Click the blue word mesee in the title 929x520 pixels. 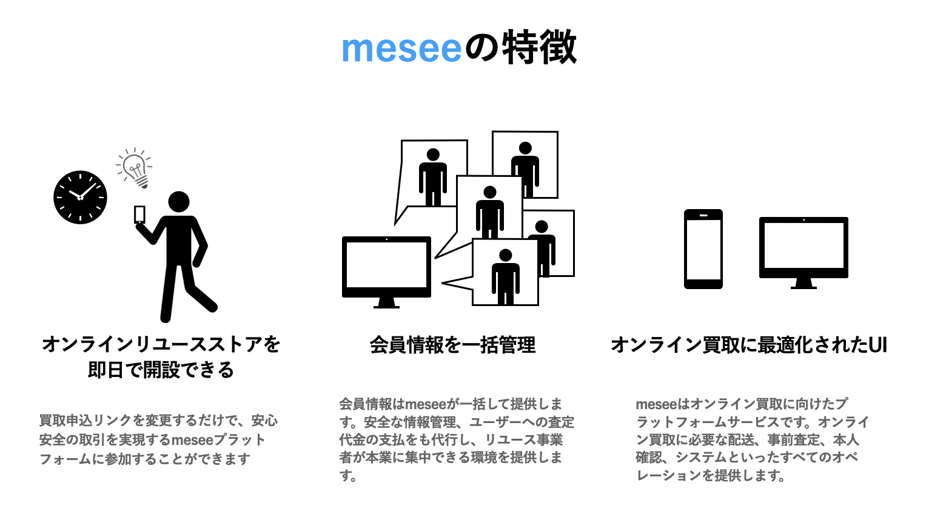[401, 48]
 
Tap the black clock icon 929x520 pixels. [80, 197]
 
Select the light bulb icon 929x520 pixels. [135, 167]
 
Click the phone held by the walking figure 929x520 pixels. [139, 215]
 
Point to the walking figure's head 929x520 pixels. [178, 202]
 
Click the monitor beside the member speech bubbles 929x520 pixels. [386, 267]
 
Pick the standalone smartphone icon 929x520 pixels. [703, 248]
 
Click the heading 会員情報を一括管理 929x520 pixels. [452, 345]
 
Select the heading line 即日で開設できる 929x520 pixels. [161, 370]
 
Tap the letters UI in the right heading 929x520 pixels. [877, 345]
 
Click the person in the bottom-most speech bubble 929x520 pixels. [505, 276]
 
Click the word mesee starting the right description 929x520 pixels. [656, 404]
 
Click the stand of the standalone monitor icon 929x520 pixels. [803, 284]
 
